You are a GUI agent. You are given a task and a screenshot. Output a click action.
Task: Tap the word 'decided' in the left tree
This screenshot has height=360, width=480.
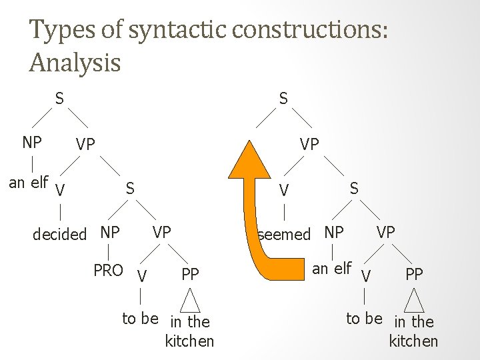(x=60, y=234)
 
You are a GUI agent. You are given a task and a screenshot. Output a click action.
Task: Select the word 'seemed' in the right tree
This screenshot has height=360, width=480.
(x=285, y=234)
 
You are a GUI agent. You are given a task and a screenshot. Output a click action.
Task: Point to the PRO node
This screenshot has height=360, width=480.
(x=108, y=271)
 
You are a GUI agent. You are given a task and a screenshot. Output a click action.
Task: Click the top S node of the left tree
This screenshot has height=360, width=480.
(x=59, y=99)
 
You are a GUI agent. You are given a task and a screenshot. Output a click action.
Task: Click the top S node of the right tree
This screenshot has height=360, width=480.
(x=283, y=99)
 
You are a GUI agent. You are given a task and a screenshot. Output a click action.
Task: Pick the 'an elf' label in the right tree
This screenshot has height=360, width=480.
(x=331, y=269)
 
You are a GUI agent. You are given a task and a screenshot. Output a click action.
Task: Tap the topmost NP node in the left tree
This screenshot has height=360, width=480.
(x=31, y=142)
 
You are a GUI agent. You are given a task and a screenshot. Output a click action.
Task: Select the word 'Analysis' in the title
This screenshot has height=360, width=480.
(x=75, y=63)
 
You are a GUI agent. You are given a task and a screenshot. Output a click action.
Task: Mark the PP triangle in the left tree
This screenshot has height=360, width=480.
(x=191, y=298)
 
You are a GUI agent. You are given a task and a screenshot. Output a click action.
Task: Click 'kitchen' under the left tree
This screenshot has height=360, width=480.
(x=190, y=341)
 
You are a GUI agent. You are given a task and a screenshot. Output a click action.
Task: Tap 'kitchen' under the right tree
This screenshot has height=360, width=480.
(x=414, y=341)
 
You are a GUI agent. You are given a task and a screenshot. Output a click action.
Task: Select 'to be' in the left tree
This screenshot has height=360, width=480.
(x=140, y=319)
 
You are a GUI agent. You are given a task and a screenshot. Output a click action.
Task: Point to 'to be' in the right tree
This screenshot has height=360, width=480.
(x=364, y=319)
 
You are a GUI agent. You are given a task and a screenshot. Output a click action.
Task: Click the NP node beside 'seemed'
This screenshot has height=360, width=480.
(x=333, y=233)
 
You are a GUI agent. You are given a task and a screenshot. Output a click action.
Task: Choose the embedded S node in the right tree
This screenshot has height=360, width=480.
(x=354, y=189)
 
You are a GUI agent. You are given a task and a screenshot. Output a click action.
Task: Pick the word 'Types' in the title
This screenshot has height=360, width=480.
(x=55, y=31)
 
